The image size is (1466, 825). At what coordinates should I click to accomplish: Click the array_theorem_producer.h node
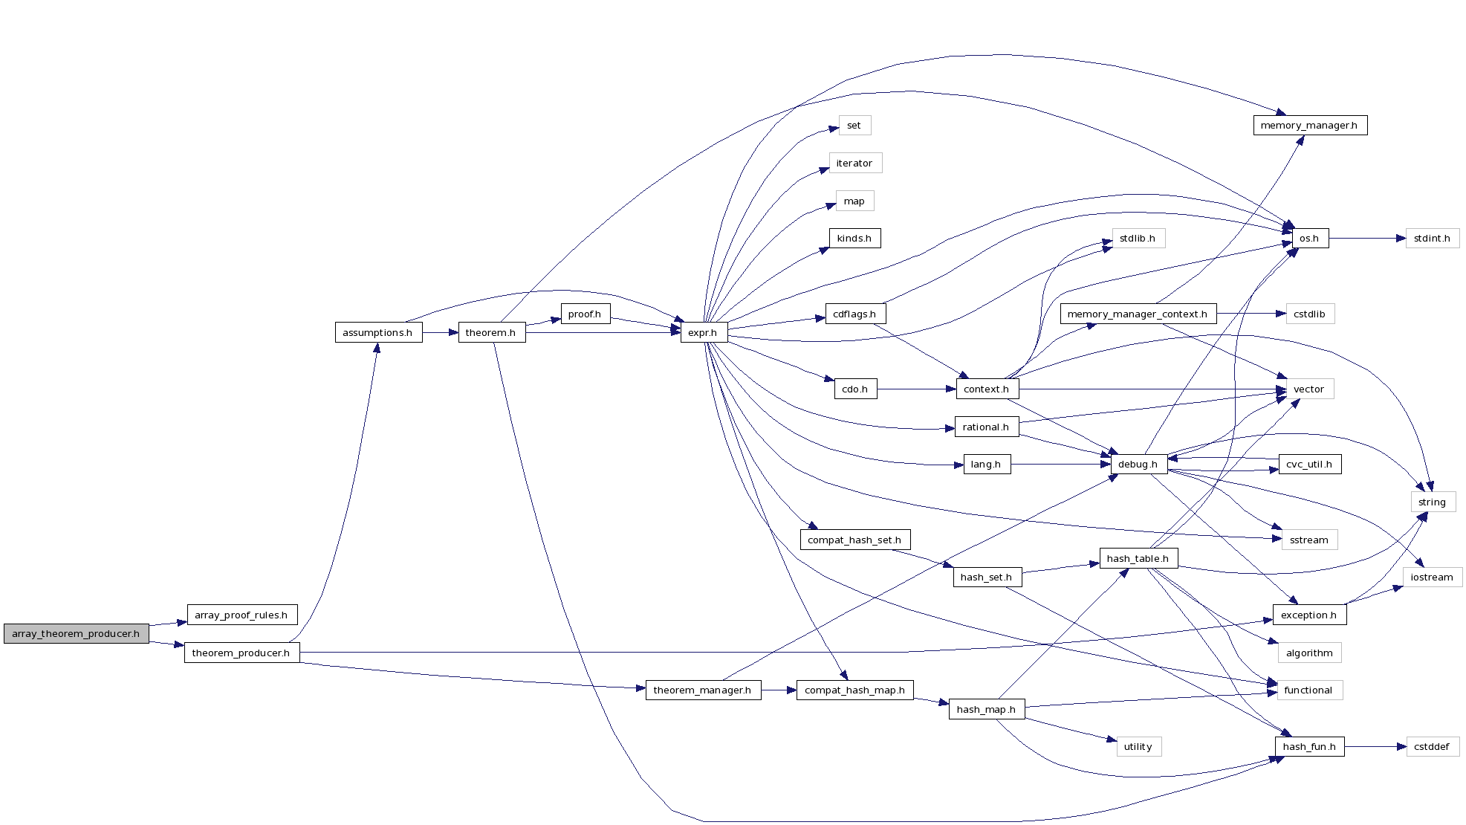click(x=76, y=633)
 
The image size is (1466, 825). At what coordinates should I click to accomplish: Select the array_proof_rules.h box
click(x=241, y=615)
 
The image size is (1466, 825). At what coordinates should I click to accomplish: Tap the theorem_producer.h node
click(x=241, y=653)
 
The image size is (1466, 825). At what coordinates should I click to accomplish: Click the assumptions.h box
click(x=378, y=332)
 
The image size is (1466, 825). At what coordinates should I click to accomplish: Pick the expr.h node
click(x=703, y=332)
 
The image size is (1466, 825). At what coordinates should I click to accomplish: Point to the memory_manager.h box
click(x=1309, y=125)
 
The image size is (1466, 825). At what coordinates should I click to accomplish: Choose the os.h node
click(x=1309, y=238)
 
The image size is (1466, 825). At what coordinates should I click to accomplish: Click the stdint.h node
click(x=1432, y=238)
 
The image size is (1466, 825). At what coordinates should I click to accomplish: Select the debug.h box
click(x=1138, y=464)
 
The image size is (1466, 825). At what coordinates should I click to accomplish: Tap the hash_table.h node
click(x=1138, y=558)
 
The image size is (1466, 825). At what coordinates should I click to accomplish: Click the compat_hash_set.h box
click(x=854, y=540)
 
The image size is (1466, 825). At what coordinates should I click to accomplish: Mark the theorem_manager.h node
click(x=702, y=690)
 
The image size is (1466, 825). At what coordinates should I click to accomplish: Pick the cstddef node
click(x=1432, y=746)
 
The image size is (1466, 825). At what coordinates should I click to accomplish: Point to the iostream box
click(x=1432, y=577)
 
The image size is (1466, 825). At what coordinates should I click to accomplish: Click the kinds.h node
click(x=854, y=238)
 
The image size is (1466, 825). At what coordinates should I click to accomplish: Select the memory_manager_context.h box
click(x=1138, y=314)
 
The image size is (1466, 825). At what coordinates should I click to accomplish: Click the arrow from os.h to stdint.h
click(x=1367, y=238)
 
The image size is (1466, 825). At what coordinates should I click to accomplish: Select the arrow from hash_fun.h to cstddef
click(x=1375, y=746)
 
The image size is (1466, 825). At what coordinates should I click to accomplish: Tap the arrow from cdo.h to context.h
click(x=915, y=389)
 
